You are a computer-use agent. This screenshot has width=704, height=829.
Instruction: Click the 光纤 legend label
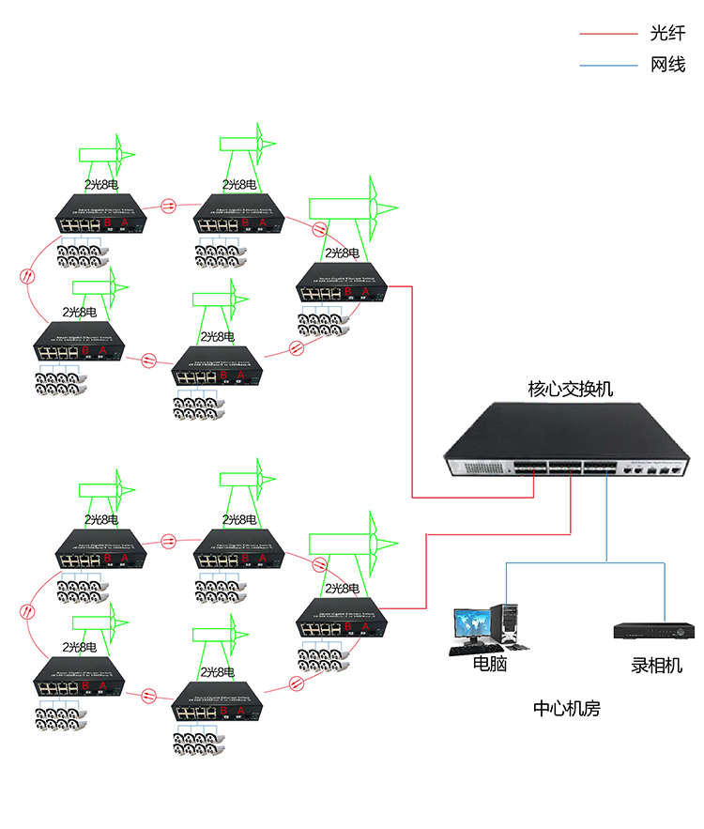pos(667,35)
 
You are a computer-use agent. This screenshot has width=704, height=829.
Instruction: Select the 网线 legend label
pos(667,66)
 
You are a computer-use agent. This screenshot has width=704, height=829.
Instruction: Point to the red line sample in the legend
pos(609,35)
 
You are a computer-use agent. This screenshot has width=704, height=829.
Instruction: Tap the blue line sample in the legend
pos(609,66)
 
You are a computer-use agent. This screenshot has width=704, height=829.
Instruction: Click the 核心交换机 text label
pos(570,388)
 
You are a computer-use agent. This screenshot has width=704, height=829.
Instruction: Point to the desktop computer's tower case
pos(509,625)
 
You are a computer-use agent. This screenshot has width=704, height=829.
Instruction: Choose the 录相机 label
pos(656,666)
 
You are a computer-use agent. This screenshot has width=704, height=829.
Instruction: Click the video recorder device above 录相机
pos(655,629)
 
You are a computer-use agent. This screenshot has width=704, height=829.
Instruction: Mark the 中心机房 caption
pos(566,709)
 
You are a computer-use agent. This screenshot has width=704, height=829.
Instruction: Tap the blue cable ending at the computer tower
pos(508,582)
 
